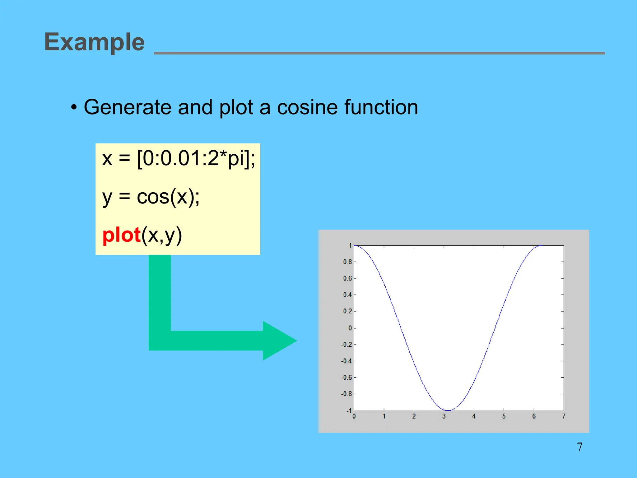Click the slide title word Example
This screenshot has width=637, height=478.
pos(94,42)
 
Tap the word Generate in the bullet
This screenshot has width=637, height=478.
pos(127,107)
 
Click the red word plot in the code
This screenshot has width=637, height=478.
pos(121,235)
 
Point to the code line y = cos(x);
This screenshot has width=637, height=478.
pos(151,197)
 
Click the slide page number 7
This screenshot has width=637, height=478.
pos(579,447)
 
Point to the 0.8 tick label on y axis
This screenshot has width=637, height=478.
pos(347,262)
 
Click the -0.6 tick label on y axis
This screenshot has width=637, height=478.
pos(346,378)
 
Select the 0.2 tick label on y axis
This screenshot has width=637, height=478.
pos(347,312)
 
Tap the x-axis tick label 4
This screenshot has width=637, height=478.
pos(474,416)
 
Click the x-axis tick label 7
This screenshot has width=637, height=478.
pos(564,416)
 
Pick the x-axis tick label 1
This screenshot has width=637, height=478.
pos(384,416)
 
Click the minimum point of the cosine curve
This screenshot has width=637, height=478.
pos(448,410)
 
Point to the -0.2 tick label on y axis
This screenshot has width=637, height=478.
pos(346,345)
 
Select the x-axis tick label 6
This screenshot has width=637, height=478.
pos(534,416)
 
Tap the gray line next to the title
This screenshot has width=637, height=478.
pos(379,53)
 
